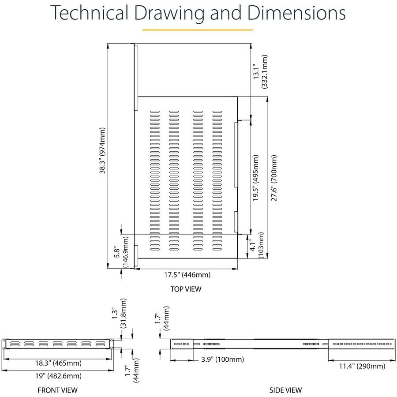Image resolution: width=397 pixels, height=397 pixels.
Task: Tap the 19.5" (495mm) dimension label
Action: [257, 178]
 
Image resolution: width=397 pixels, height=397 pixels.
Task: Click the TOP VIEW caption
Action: [186, 289]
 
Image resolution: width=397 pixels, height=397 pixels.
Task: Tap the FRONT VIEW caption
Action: [57, 390]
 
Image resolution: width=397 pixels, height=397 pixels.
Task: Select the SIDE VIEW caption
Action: [286, 390]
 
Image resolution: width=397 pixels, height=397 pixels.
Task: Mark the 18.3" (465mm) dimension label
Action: [58, 363]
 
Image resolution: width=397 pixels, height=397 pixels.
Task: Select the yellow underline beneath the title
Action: [198, 30]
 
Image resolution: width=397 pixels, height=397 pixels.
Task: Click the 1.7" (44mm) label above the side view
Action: [162, 319]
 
